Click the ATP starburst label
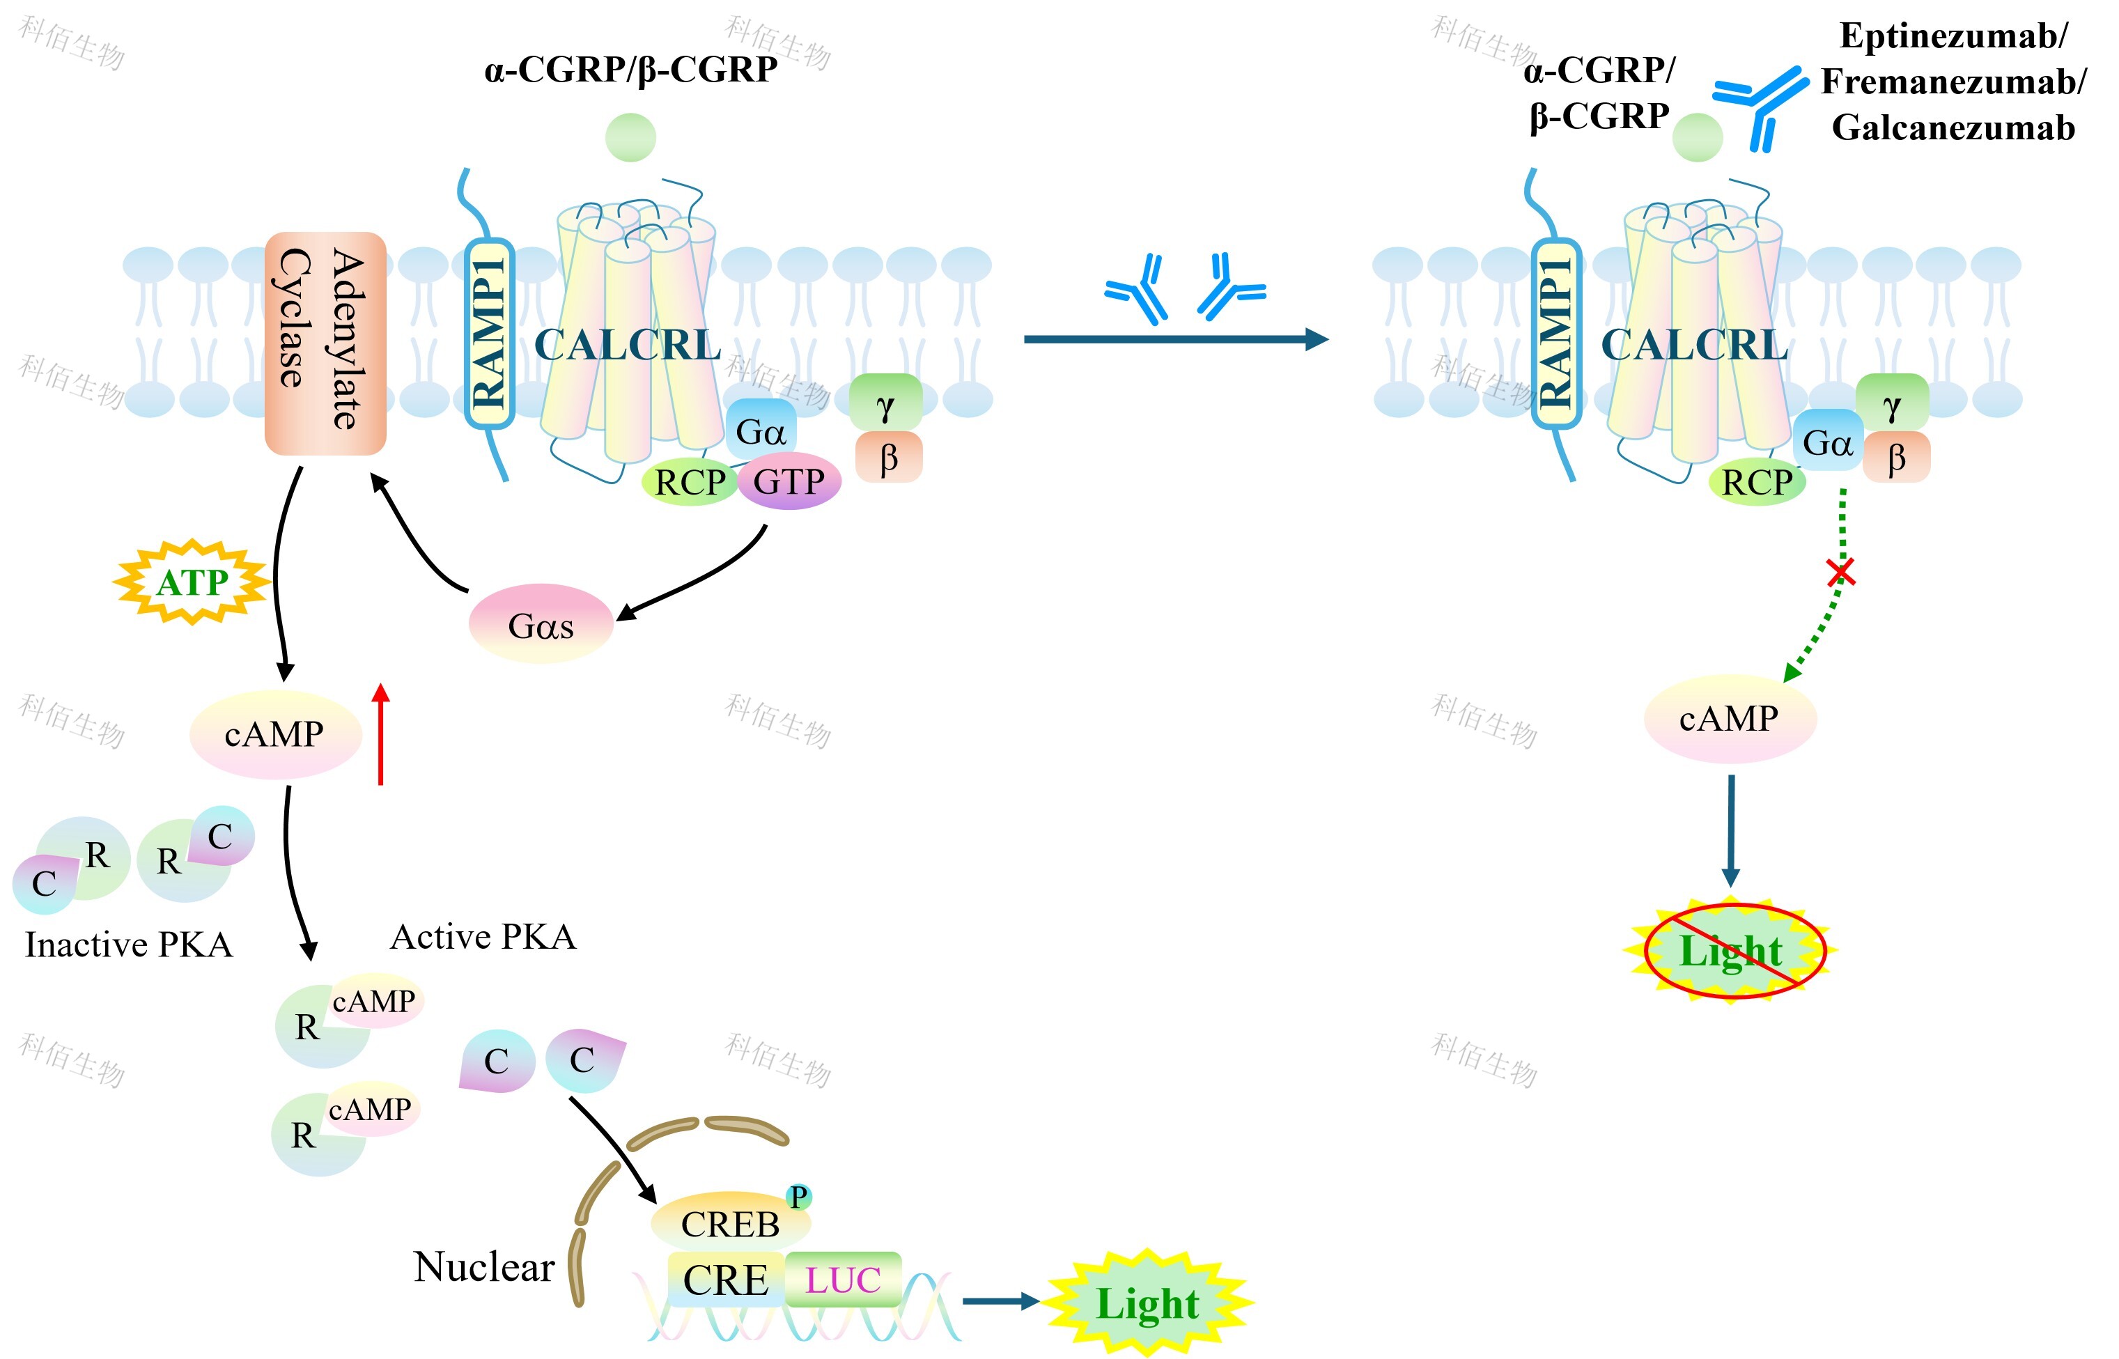[192, 582]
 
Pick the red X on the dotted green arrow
[1841, 573]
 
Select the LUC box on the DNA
[843, 1280]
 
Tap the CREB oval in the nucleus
[730, 1223]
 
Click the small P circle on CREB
[799, 1197]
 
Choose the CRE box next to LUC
[725, 1280]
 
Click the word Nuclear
[483, 1267]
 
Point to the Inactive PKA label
[129, 945]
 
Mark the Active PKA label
[483, 937]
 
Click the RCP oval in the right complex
[1757, 482]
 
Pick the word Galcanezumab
[1953, 128]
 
